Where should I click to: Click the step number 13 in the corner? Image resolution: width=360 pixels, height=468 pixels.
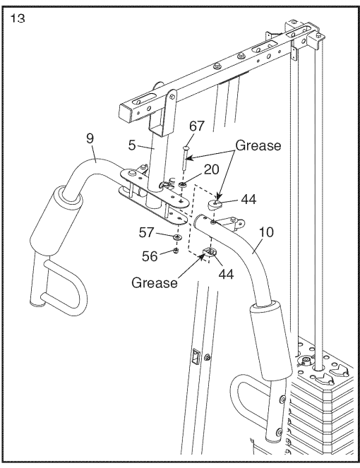(x=18, y=19)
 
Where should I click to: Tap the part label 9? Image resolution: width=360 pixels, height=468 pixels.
(x=90, y=138)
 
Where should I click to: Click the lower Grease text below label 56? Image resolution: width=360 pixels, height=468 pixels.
(x=155, y=283)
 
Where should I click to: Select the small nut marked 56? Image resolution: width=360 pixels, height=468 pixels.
(x=174, y=251)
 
